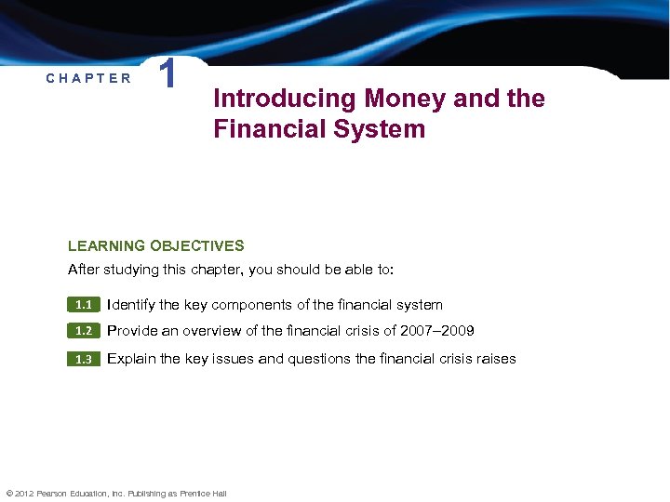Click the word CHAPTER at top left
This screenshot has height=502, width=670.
click(x=89, y=78)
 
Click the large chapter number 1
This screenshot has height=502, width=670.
click(x=167, y=75)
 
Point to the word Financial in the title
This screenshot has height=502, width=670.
click(x=271, y=128)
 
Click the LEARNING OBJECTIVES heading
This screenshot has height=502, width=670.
click(x=155, y=246)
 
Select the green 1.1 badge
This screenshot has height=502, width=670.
click(x=84, y=305)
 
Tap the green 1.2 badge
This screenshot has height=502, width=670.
click(x=84, y=331)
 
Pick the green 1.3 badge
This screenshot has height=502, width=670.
click(x=84, y=360)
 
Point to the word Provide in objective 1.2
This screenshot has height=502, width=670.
click(x=132, y=331)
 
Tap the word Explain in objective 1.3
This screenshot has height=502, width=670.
click(x=132, y=359)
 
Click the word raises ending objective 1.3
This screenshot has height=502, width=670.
click(x=493, y=359)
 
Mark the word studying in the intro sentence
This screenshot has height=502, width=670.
click(x=137, y=270)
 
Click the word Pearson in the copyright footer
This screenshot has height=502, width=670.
click(x=51, y=494)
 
